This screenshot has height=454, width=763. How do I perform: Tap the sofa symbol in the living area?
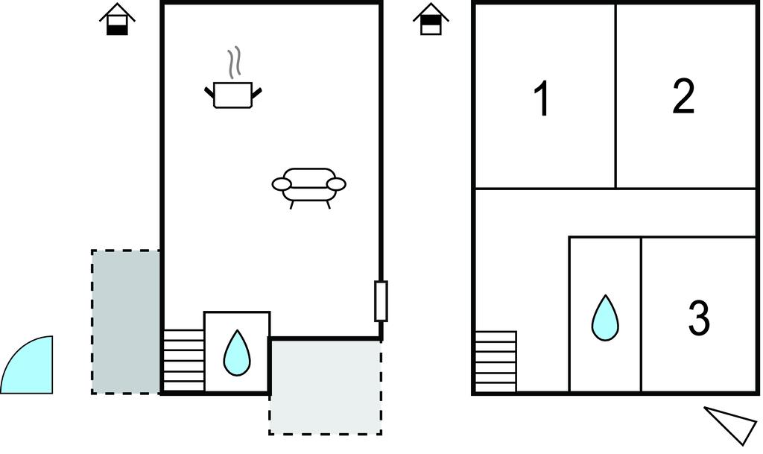pyautogui.click(x=309, y=188)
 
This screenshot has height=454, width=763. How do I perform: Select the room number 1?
pyautogui.click(x=542, y=99)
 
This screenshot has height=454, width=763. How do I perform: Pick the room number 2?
pyautogui.click(x=683, y=96)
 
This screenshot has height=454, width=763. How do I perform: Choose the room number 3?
pyautogui.click(x=699, y=318)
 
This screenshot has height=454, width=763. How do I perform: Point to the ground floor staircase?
pyautogui.click(x=183, y=360)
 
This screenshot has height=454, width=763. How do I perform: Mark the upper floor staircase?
pyautogui.click(x=496, y=362)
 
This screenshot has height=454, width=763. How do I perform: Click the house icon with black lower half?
pyautogui.click(x=117, y=19)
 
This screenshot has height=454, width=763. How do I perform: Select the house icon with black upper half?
pyautogui.click(x=431, y=19)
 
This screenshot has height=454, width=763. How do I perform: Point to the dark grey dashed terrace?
pyautogui.click(x=126, y=321)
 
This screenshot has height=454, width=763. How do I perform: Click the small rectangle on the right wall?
pyautogui.click(x=381, y=300)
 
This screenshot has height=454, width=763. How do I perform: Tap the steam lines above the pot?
pyautogui.click(x=234, y=63)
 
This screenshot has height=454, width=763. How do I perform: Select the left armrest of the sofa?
pyautogui.click(x=282, y=184)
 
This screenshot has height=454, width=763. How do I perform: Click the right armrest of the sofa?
pyautogui.click(x=336, y=184)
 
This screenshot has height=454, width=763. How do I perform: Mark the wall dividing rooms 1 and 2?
pyautogui.click(x=616, y=96)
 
